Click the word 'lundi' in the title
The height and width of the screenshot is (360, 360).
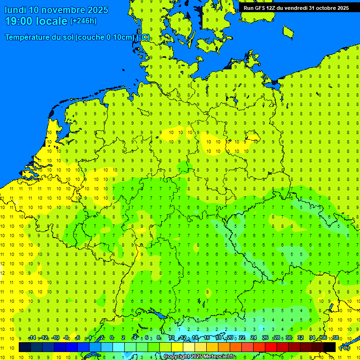[15, 10]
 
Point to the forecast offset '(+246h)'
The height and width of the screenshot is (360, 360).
[83, 21]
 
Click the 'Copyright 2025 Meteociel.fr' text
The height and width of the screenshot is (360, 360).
[199, 357]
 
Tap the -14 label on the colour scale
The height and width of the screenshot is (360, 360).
[32, 338]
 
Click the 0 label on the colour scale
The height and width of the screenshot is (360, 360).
[112, 338]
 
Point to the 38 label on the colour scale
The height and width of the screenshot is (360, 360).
[336, 338]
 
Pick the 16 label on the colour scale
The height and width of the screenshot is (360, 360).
[207, 338]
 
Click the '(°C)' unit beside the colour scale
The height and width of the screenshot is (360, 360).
[344, 347]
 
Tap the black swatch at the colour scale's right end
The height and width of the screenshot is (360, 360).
[330, 347]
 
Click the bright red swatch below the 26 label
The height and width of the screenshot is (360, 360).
[271, 347]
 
